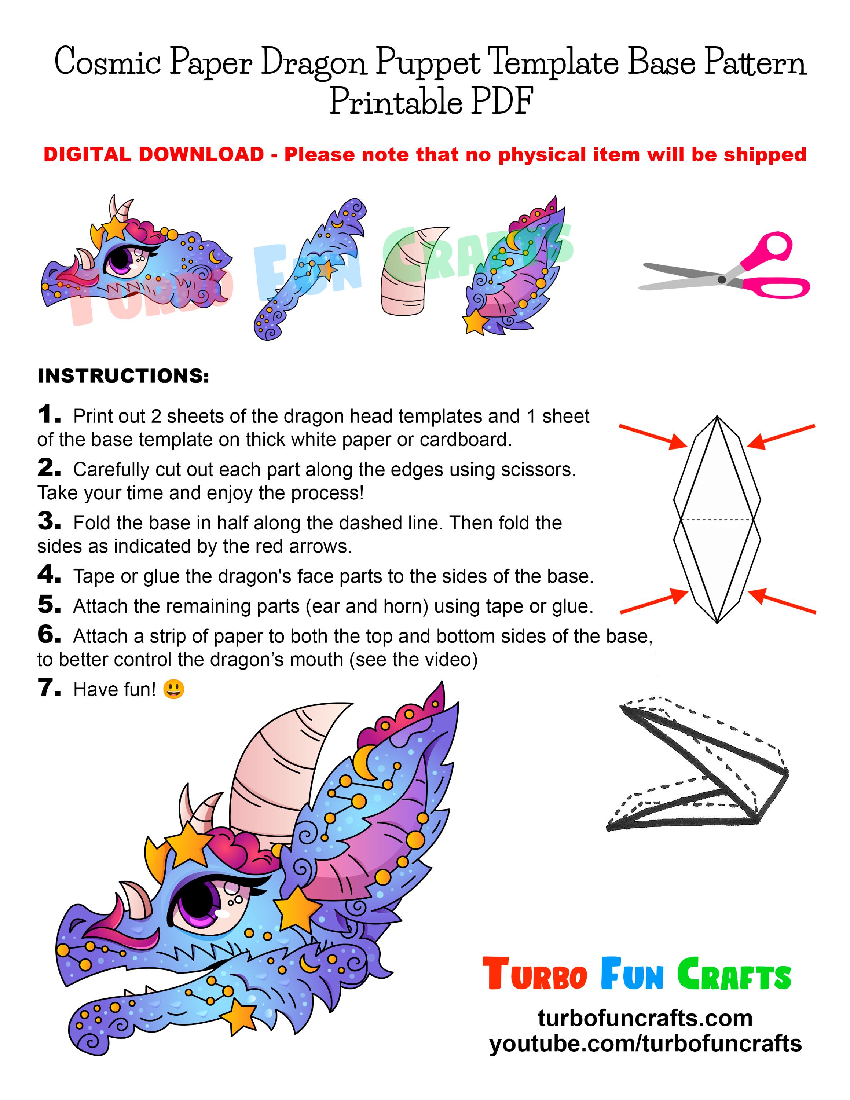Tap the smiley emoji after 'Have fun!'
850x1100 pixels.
coord(174,689)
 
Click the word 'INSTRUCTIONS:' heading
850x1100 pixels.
coord(123,376)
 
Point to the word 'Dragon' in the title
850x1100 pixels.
coord(312,63)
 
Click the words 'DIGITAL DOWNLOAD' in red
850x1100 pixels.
coord(154,155)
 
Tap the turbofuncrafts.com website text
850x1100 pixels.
coord(645,1018)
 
